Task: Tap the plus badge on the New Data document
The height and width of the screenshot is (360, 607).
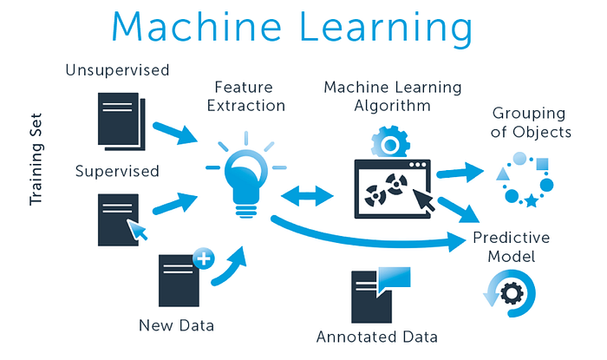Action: click(x=204, y=258)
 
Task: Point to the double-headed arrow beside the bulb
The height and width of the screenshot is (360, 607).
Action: click(x=308, y=196)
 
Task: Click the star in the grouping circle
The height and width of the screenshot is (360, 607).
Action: click(x=530, y=201)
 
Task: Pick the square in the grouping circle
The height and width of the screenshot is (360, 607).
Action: click(x=543, y=163)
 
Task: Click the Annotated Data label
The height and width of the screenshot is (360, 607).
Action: click(x=376, y=337)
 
